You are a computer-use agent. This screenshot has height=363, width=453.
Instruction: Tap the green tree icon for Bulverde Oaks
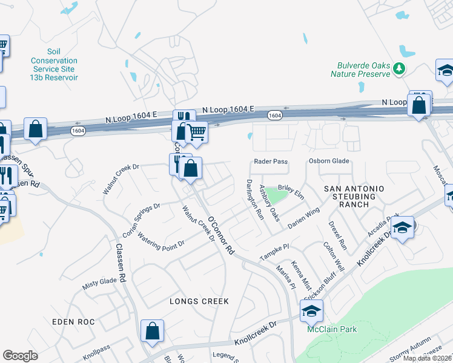pos(398,69)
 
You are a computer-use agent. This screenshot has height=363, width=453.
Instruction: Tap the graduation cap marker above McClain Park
pos(311,311)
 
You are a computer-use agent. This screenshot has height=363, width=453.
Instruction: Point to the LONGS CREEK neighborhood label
pos(203,301)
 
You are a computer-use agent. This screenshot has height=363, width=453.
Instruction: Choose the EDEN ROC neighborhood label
pos(73,321)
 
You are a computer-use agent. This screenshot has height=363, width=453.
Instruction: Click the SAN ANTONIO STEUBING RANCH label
pos(354,197)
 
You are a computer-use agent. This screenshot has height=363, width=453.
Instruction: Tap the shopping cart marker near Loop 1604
pos(196,131)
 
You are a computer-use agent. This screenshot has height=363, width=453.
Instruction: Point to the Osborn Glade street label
pos(329,161)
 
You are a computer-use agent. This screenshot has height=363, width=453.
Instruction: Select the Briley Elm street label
pos(290,190)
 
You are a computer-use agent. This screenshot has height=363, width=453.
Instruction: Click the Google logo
pos(20,355)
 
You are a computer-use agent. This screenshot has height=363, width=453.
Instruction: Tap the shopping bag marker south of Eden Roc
pos(152,331)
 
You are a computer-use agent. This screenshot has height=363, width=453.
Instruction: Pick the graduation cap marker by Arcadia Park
pos(402,228)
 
